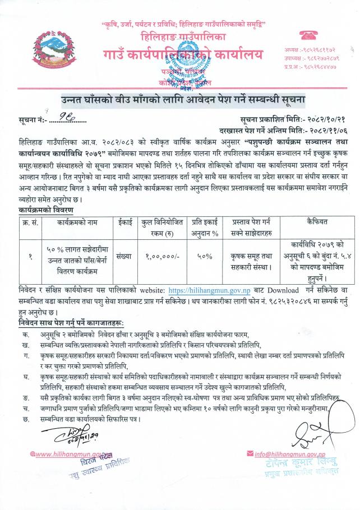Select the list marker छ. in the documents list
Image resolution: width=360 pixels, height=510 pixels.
(26, 403)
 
